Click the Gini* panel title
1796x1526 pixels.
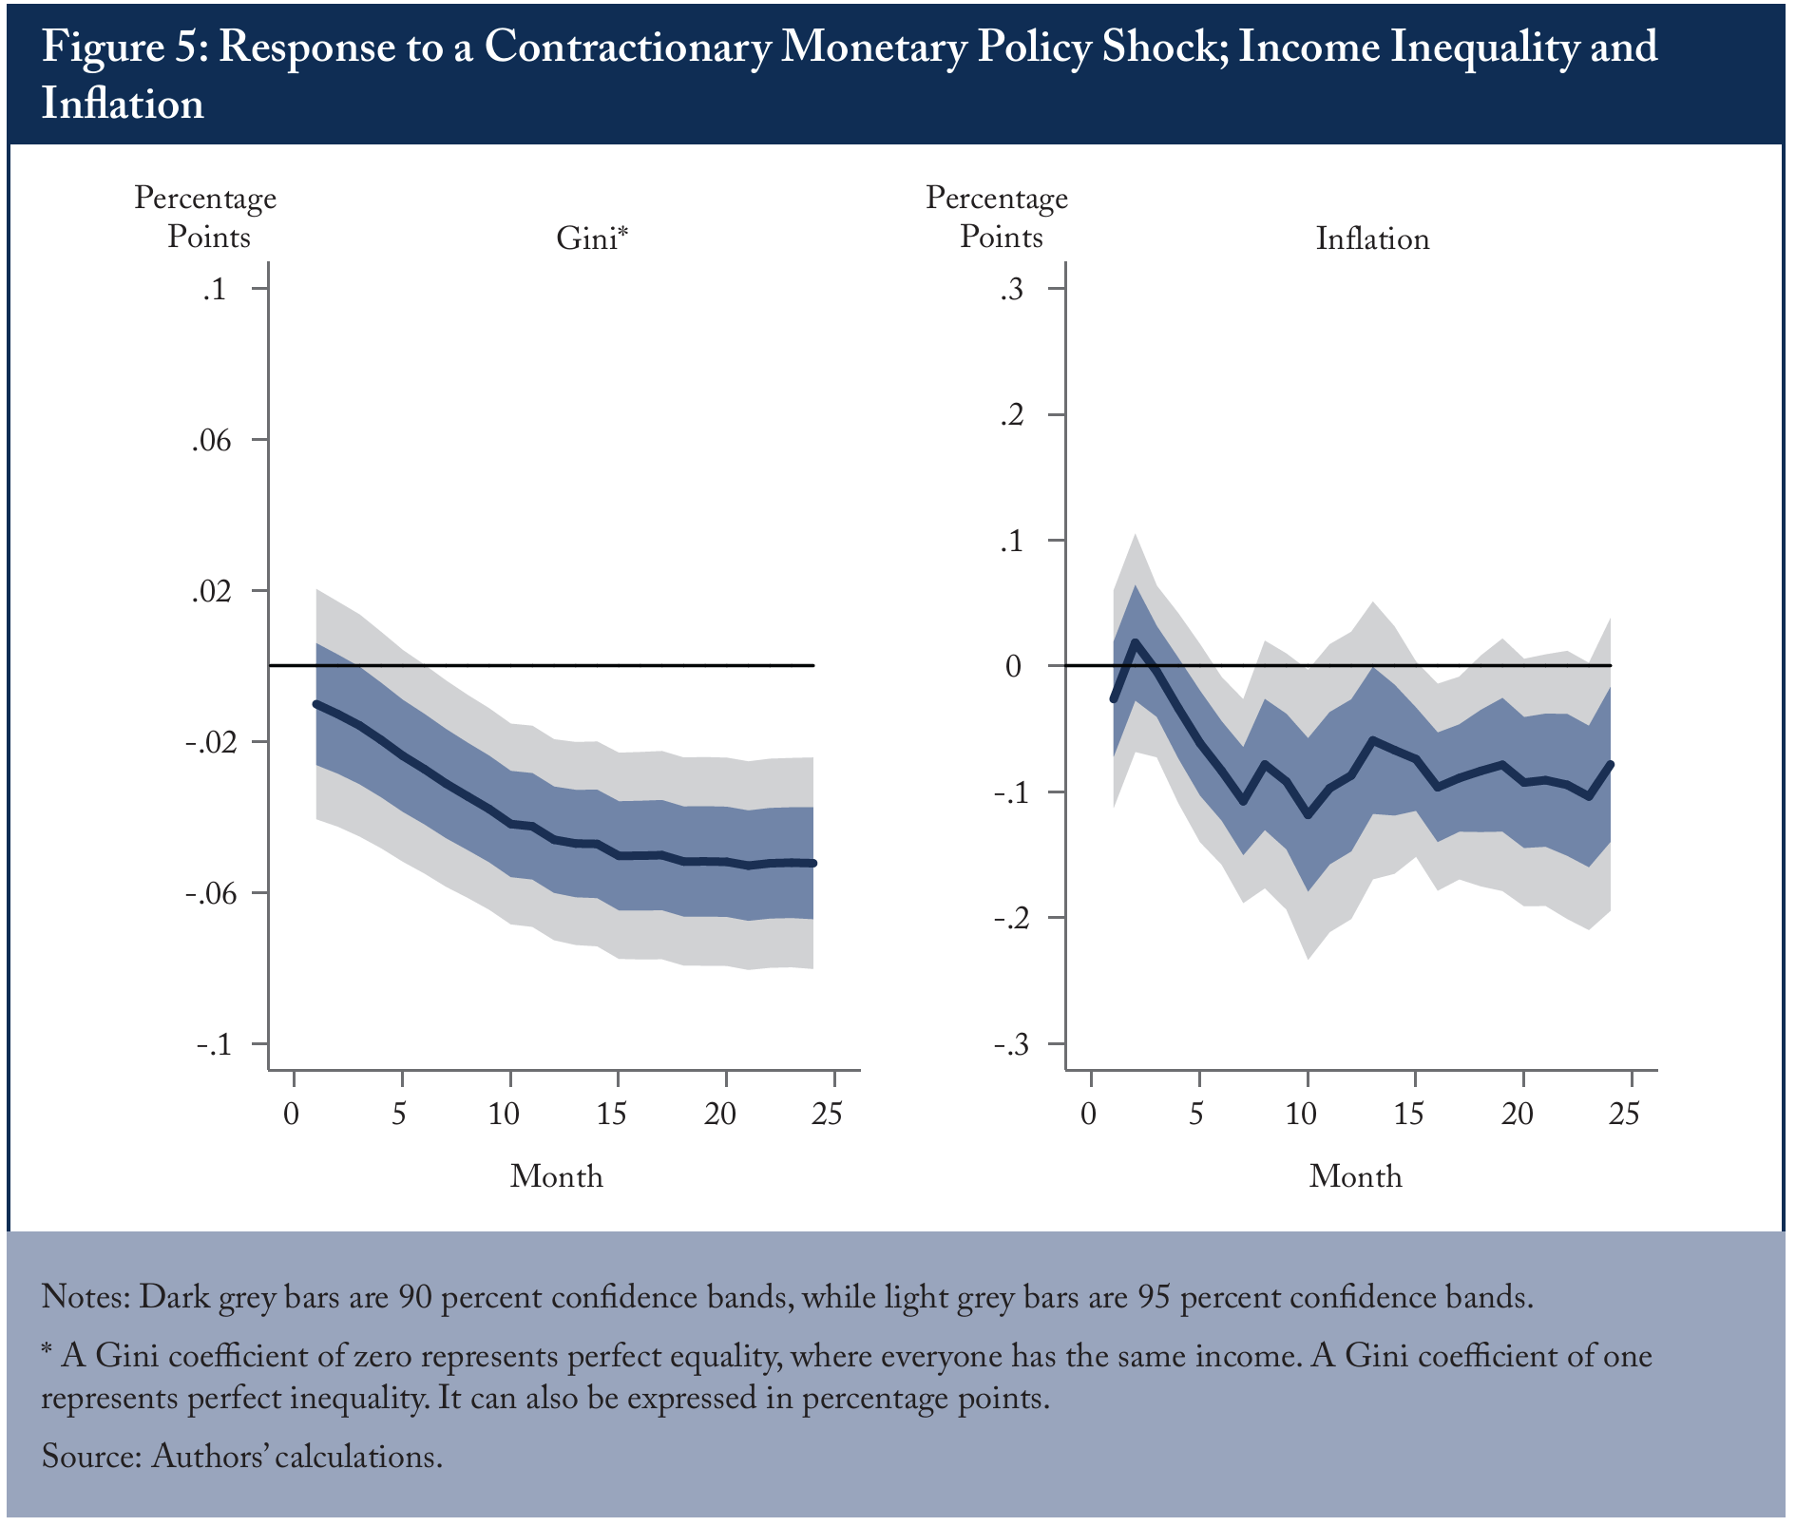click(592, 238)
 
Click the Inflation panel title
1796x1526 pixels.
click(1372, 238)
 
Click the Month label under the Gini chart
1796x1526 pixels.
click(557, 1176)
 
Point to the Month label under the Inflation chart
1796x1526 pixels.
click(1356, 1176)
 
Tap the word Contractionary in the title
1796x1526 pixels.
click(627, 48)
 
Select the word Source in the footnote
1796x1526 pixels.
click(91, 1456)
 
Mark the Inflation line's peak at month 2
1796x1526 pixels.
click(1136, 642)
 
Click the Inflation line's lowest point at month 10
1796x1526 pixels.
click(1308, 815)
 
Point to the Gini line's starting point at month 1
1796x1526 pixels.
click(316, 704)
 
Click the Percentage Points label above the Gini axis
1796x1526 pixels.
click(206, 217)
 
